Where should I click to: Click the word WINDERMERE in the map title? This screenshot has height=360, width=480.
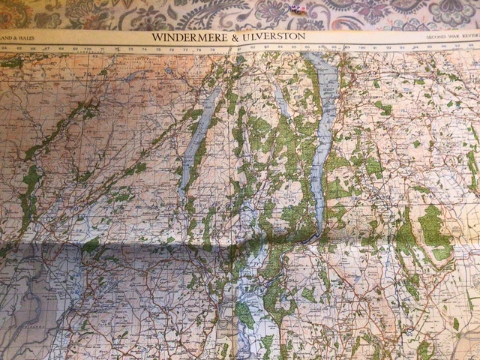click(193, 36)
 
